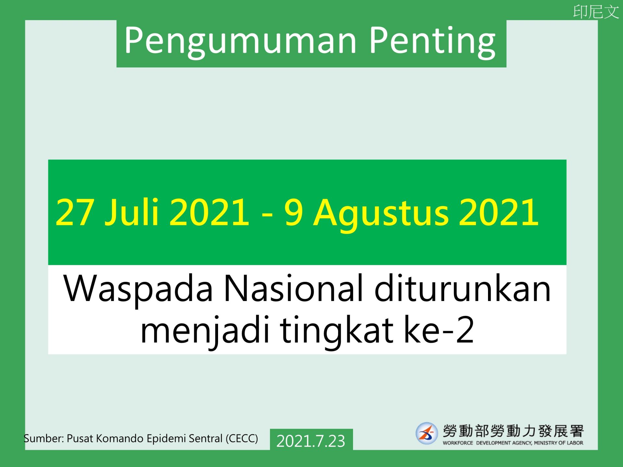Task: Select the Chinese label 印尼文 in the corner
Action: click(x=596, y=12)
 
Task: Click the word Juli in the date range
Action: click(x=131, y=212)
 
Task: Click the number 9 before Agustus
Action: click(x=294, y=212)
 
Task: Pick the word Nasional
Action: click(x=293, y=288)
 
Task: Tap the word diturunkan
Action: click(x=462, y=288)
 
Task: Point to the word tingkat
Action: click(x=337, y=331)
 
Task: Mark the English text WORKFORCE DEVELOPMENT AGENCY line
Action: click(x=513, y=443)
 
